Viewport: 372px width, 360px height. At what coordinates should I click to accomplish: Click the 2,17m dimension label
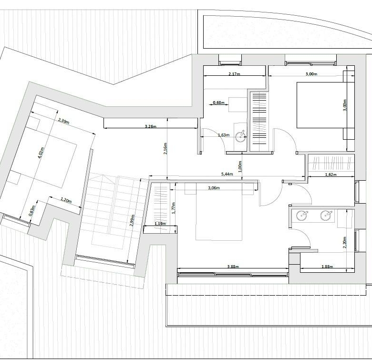(234, 74)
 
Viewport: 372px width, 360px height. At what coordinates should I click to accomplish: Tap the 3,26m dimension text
(151, 126)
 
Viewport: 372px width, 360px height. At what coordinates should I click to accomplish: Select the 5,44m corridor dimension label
(227, 174)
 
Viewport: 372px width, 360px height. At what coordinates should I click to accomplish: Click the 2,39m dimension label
(64, 121)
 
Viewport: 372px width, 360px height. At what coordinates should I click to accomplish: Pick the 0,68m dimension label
(219, 103)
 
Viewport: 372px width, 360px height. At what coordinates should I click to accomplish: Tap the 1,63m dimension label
(224, 135)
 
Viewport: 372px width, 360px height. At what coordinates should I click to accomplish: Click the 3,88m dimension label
(233, 267)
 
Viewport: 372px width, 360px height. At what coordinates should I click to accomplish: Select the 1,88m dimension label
(327, 267)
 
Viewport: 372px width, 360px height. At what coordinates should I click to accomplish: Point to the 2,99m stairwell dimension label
(133, 220)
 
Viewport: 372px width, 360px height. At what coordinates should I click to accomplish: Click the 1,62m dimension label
(331, 175)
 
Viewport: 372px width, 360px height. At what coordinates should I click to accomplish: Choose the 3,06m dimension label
(214, 188)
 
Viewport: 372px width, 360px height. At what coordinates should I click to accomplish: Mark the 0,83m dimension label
(33, 211)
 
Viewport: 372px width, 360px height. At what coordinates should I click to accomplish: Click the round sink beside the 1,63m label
(241, 135)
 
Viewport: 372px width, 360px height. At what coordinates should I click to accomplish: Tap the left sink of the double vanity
(302, 216)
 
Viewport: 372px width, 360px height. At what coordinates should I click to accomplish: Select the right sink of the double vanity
(326, 216)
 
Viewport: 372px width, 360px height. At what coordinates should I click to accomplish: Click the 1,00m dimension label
(240, 166)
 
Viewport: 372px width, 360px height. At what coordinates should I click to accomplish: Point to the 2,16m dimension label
(165, 148)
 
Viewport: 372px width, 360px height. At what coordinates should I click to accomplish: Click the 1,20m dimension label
(66, 200)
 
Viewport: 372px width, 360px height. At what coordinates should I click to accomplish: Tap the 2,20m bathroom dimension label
(345, 242)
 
